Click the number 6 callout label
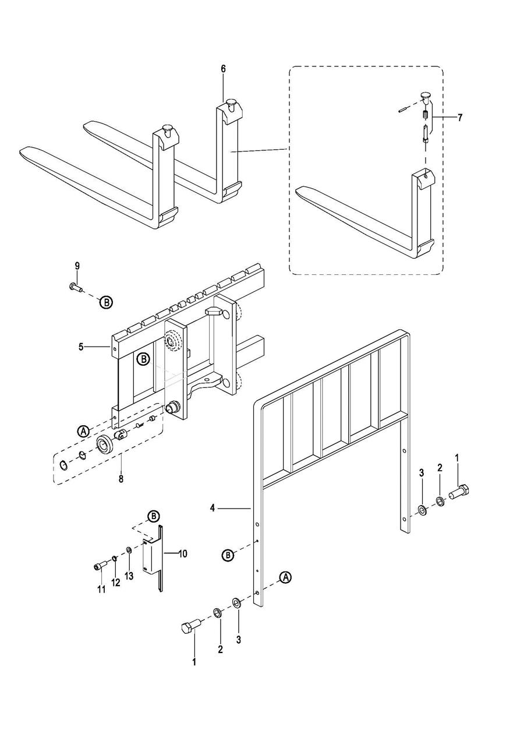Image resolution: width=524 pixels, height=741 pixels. point(223,69)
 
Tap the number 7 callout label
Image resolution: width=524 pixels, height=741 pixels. point(460,118)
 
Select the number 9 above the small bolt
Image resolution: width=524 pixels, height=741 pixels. point(77,266)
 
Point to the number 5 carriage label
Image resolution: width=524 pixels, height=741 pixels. point(81,348)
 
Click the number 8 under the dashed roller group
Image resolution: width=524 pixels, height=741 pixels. point(121,478)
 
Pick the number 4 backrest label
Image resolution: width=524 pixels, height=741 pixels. point(213,508)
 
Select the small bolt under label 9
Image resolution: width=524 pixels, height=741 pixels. point(76,287)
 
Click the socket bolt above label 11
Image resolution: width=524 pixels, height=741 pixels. point(100,567)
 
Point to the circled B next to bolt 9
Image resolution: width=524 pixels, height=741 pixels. point(107,302)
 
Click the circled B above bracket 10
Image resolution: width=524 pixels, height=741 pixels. point(153,516)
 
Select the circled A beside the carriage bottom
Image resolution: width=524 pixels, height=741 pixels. point(83,431)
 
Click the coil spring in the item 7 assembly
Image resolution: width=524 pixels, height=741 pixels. point(426,115)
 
